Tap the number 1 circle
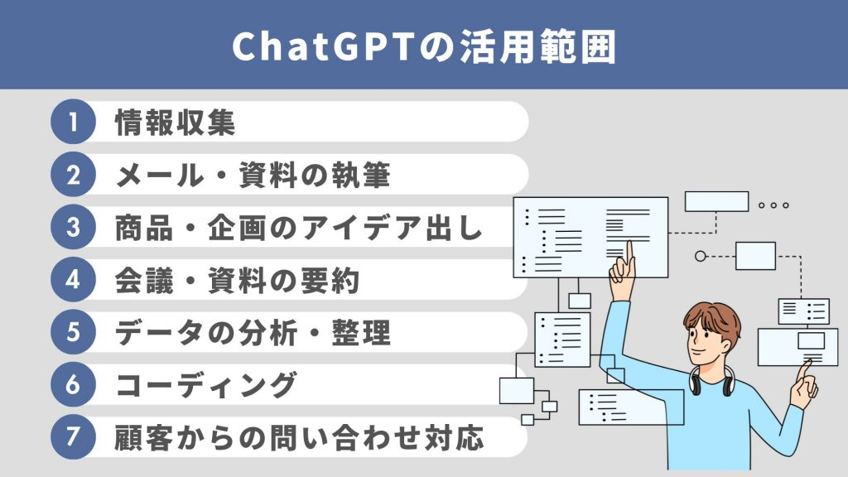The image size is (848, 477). pos(73,122)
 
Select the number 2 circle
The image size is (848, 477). pos(73,175)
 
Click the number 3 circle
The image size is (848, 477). pos(73,228)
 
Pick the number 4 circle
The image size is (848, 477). pos(73,280)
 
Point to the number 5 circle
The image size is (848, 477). pos(73,333)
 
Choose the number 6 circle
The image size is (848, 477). pos(73,385)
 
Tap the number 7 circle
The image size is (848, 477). pos(73,438)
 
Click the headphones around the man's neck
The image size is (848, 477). pos(711,382)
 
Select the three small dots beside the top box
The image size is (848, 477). pos(773,205)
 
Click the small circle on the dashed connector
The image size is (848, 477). pos(700,256)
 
